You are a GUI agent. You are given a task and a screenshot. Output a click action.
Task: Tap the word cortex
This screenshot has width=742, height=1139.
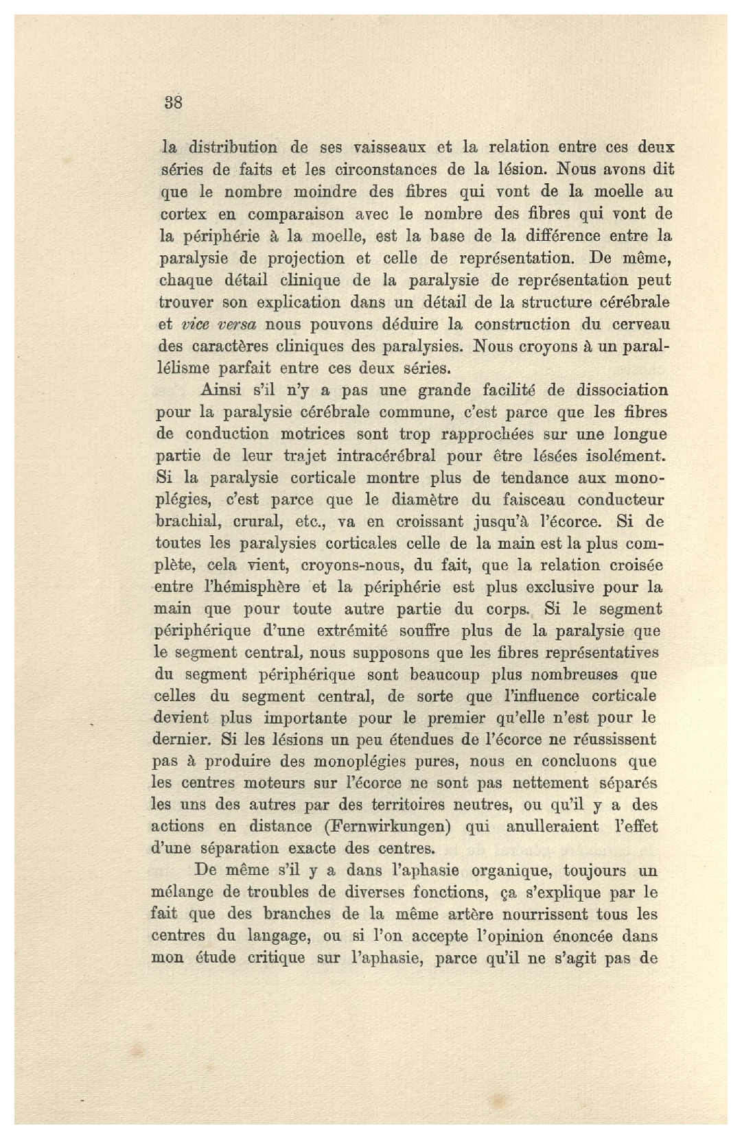point(180,213)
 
